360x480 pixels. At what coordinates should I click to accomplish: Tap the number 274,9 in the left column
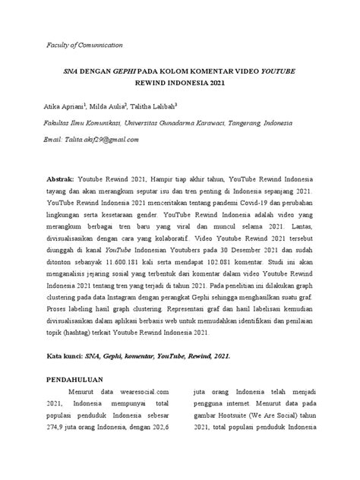pyautogui.click(x=58, y=449)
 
